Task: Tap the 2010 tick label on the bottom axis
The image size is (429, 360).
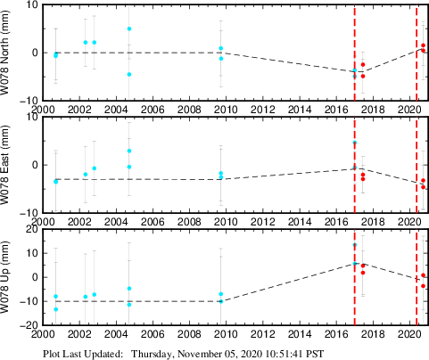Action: (x=219, y=334)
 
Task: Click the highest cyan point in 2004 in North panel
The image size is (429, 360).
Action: (x=129, y=29)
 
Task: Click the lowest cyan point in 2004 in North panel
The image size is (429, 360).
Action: (x=129, y=74)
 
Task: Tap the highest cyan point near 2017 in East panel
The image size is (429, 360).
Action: (x=354, y=143)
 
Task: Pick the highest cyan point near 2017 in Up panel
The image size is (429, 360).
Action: (x=354, y=245)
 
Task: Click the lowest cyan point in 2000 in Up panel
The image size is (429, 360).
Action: (x=55, y=309)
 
